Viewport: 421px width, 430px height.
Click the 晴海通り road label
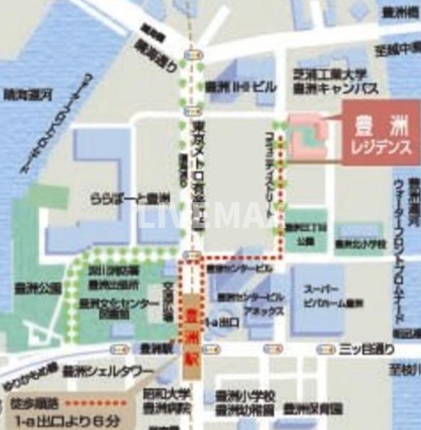coord(156,54)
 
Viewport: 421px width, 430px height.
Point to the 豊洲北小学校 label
coord(361,245)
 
